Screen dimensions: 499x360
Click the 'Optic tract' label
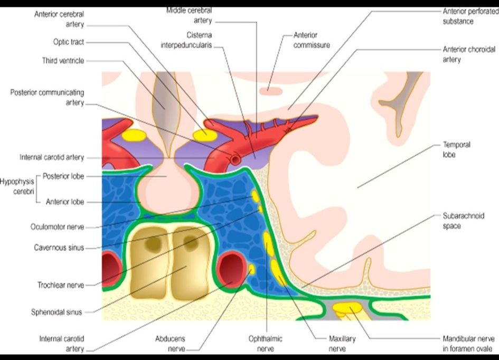click(69, 42)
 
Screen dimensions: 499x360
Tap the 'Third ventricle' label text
click(63, 61)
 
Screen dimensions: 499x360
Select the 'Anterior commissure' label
click(312, 40)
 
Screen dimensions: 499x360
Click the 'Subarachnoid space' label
click(464, 221)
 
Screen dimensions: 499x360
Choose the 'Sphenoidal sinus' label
click(57, 312)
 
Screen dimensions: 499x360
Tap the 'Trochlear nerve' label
click(61, 285)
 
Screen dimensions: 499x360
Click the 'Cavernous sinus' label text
click(59, 248)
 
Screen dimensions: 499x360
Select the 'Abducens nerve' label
click(170, 344)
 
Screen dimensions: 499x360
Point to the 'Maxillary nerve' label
click(342, 344)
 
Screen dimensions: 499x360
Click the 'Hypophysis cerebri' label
click(17, 187)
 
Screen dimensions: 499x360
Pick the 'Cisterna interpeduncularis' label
click(186, 40)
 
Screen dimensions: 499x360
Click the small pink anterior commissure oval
click(271, 91)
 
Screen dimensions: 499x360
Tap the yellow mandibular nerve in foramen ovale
click(347, 309)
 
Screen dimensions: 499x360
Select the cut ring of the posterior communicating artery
click(236, 159)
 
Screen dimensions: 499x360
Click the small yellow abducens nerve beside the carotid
click(251, 269)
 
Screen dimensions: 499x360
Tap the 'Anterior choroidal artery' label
click(469, 54)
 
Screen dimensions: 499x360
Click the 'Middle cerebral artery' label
click(189, 15)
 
